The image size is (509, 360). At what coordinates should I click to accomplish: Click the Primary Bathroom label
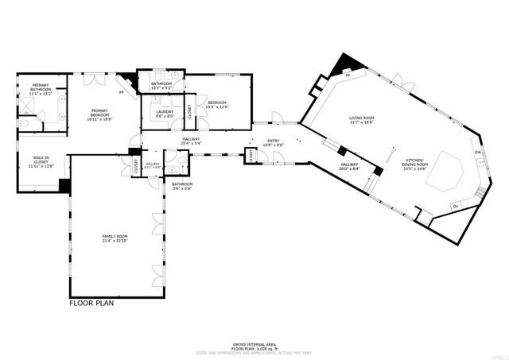pyautogui.click(x=41, y=89)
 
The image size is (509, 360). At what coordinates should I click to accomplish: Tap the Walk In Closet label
pyautogui.click(x=40, y=161)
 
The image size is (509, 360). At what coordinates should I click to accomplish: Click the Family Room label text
pyautogui.click(x=115, y=238)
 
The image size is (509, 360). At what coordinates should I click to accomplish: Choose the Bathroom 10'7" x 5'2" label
pyautogui.click(x=161, y=85)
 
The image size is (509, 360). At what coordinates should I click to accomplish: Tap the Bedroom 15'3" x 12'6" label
pyautogui.click(x=217, y=105)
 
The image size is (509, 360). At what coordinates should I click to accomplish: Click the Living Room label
pyautogui.click(x=361, y=120)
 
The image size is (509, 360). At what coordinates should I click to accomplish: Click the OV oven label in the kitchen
pyautogui.click(x=455, y=207)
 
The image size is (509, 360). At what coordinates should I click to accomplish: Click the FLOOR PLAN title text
pyautogui.click(x=92, y=303)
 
